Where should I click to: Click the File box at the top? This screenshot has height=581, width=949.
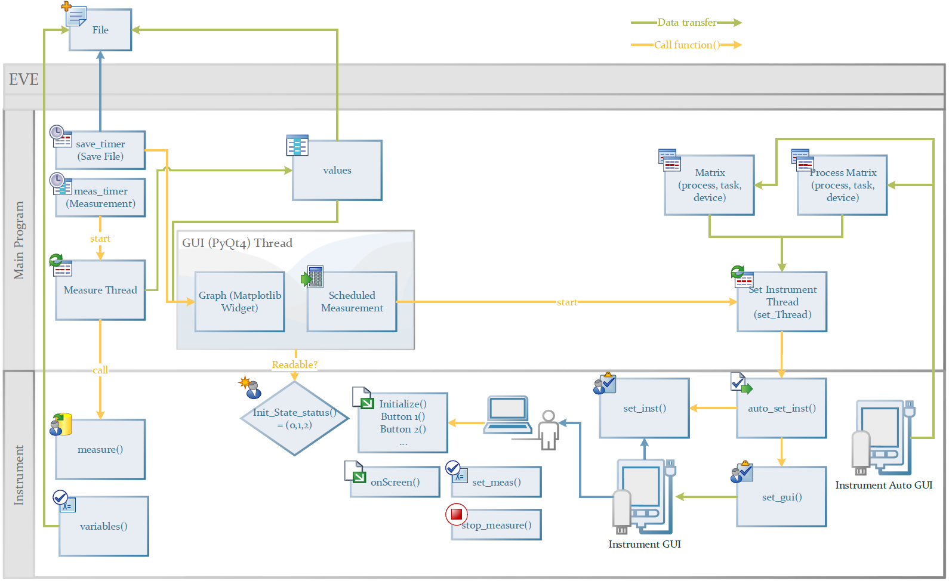pos(100,30)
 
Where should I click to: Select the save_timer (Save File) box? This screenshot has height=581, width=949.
pos(100,150)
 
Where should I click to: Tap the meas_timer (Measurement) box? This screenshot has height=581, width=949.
pos(100,197)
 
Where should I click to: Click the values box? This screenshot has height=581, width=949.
pos(337,171)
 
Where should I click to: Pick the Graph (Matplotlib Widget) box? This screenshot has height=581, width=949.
pos(239,302)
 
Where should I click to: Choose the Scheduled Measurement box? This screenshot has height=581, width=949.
pos(352,302)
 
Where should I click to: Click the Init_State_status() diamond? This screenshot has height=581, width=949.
pos(294,419)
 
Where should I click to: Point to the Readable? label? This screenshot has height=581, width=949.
pos(294,364)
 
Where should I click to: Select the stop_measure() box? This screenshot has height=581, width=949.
pos(497,525)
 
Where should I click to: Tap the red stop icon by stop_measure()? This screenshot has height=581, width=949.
pos(457,514)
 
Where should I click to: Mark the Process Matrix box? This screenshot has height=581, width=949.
pos(842,185)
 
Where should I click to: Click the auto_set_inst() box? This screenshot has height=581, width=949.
pos(781,409)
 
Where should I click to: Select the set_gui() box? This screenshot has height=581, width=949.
pos(781,497)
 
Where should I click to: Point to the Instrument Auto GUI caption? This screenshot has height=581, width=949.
pos(883,485)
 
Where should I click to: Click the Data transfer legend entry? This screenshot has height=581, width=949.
pos(686,23)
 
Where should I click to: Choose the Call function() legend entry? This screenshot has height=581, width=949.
pos(686,45)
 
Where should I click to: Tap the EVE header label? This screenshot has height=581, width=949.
pos(24,79)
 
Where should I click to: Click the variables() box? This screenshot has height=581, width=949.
pos(104,526)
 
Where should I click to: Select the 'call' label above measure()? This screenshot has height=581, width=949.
pos(100,370)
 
